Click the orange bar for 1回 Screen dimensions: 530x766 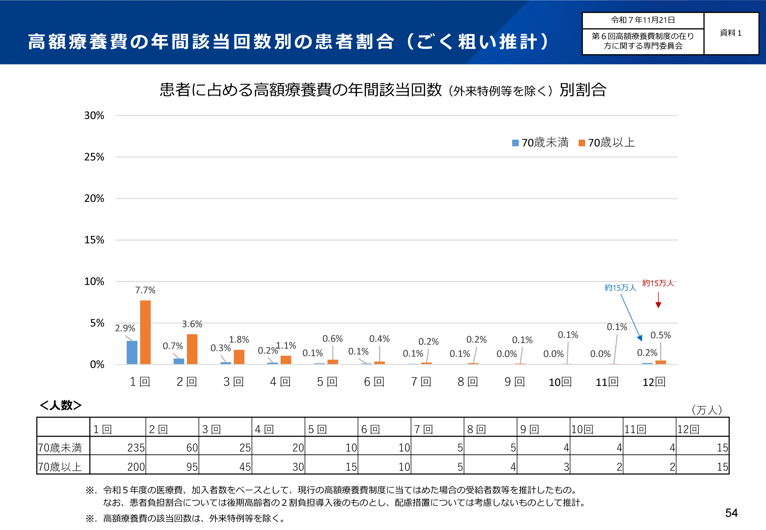click(145, 332)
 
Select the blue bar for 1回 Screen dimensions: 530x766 click(132, 352)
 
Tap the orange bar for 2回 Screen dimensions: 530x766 click(192, 349)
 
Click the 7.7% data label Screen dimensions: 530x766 click(145, 290)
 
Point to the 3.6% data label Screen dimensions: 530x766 click(192, 324)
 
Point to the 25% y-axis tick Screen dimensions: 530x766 click(94, 157)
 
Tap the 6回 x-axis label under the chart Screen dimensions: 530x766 click(374, 382)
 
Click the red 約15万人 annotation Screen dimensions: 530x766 click(658, 283)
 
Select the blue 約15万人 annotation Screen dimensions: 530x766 click(620, 287)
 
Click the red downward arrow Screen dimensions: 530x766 click(658, 301)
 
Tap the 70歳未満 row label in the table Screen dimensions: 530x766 click(60, 448)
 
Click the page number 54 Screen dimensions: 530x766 click(731, 513)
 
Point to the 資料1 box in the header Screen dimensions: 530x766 click(730, 33)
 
